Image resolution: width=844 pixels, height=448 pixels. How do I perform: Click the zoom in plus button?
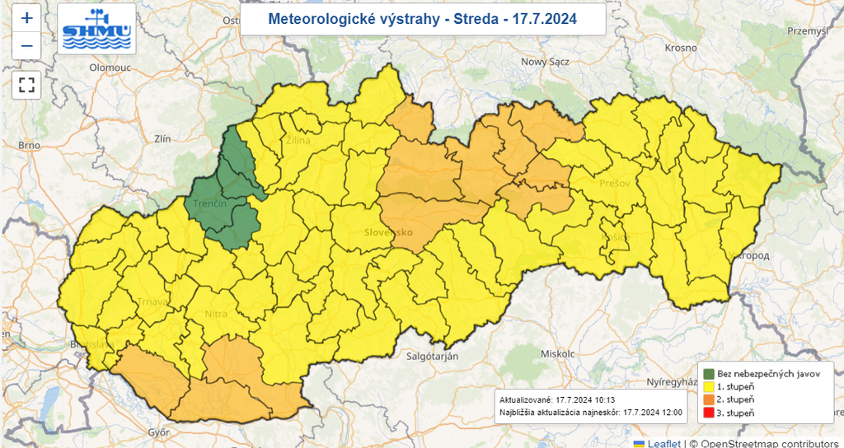click(26, 17)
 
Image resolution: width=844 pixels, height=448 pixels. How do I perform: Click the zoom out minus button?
click(26, 45)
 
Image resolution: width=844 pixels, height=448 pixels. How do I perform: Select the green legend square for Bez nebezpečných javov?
click(708, 373)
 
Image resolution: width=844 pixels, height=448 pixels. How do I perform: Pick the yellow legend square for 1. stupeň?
click(708, 386)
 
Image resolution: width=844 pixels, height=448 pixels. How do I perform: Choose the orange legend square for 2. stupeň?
click(708, 399)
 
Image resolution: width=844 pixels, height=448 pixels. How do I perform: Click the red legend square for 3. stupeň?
click(708, 412)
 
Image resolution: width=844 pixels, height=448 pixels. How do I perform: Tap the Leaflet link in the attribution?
click(663, 443)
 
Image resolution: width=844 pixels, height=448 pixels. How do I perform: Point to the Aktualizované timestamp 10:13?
click(604, 399)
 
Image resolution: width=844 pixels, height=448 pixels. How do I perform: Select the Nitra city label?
click(216, 314)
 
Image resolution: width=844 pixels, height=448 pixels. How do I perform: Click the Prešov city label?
click(615, 183)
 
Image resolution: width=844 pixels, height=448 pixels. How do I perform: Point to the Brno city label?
click(30, 145)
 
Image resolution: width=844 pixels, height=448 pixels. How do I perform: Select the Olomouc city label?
click(110, 68)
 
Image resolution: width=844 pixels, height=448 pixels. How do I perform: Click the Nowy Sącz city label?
click(546, 62)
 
